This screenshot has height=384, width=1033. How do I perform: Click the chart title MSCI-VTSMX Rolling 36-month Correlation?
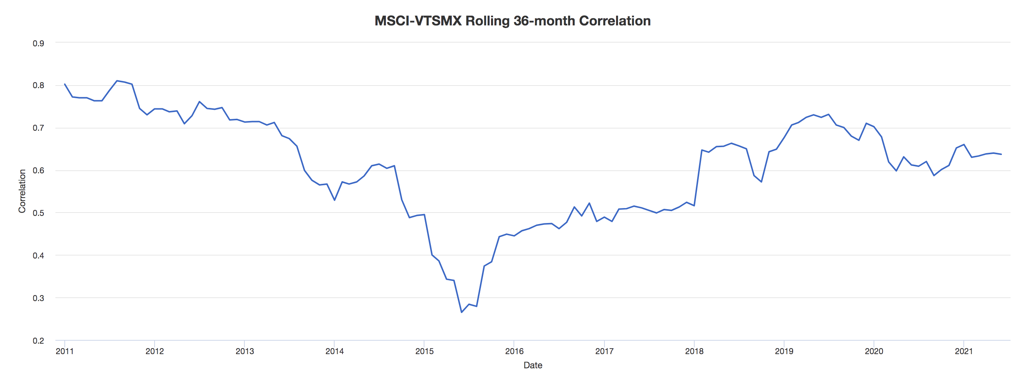512,21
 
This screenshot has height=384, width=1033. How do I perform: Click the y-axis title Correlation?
22,191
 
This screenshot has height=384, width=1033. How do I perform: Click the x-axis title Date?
533,365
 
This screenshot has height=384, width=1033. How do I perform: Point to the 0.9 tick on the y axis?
39,43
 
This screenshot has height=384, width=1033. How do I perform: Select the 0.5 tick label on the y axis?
39,213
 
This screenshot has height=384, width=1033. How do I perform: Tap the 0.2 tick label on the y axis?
39,341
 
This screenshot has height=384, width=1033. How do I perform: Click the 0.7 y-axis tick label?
39,128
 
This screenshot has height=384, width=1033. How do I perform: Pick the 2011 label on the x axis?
64,352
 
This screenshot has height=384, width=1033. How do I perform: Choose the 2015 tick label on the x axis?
424,352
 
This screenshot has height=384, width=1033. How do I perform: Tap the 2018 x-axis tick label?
694,352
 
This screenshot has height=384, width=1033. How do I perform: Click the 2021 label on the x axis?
964,352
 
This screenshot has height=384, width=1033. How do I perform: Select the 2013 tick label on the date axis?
245,352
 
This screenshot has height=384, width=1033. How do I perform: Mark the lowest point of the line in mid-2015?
461,312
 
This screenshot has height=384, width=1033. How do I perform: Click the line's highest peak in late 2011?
117,81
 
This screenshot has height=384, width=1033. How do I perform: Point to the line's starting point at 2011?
64,84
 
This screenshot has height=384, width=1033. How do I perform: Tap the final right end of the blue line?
1001,154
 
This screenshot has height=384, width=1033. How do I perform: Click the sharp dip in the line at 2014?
335,200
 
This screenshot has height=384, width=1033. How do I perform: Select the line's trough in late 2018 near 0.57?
761,182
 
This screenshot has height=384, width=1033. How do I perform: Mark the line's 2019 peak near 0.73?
829,115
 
